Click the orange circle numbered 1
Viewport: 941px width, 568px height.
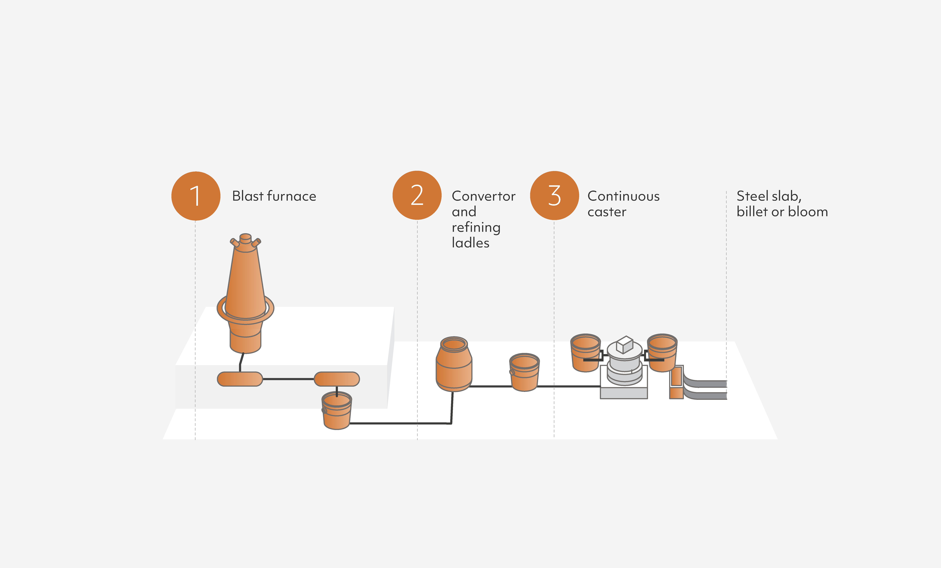click(x=196, y=196)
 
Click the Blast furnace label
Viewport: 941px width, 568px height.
click(x=274, y=196)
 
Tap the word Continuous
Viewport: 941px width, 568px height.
click(x=623, y=196)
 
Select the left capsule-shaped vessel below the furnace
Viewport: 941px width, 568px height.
click(x=240, y=379)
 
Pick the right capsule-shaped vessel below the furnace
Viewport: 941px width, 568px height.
click(x=336, y=379)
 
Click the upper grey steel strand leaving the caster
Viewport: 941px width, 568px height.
click(x=707, y=384)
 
